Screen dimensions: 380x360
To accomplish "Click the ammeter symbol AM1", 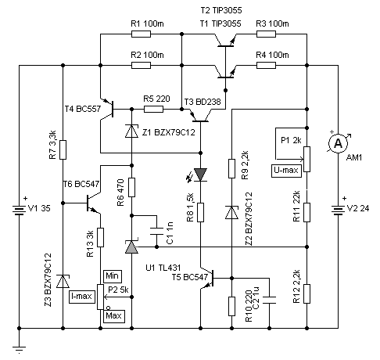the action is coord(338,143).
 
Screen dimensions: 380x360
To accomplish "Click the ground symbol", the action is coord(19,350).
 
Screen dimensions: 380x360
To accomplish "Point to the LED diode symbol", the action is coord(200,175).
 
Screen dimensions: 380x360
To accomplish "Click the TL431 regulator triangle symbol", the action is coord(131,247).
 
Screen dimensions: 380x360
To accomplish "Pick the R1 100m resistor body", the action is coord(141,34).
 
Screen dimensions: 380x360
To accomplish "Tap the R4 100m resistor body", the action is coord(266,65).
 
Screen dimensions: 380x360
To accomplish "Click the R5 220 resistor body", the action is coord(153,109).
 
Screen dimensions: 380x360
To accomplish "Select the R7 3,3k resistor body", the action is coord(63,149).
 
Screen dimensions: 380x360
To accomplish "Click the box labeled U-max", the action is coord(286,171).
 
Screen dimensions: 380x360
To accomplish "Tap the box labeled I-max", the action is coord(82,297).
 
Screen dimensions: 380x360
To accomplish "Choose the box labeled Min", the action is coord(113,276).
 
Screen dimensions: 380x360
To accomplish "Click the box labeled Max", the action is coord(114,316).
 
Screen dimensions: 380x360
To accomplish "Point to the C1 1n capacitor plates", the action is coord(156,232).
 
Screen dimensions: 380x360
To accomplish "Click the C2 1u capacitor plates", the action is coord(269,300).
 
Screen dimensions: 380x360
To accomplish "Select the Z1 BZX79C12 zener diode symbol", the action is coord(131,131).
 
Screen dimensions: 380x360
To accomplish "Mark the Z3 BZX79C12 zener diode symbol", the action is coord(63,281).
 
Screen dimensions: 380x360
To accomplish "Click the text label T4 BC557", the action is coord(83,109).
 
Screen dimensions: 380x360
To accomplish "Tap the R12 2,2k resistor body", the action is coord(307,293).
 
